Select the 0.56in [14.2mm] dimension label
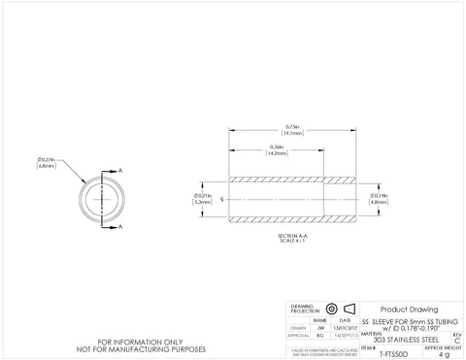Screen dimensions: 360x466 coord(277,150)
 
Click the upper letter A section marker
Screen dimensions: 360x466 coord(120,170)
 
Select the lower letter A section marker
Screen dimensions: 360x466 coord(120,227)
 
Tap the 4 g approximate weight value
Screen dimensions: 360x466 coord(445,354)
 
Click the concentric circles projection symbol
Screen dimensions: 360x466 coord(330,308)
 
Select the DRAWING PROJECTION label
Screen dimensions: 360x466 coord(304,308)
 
